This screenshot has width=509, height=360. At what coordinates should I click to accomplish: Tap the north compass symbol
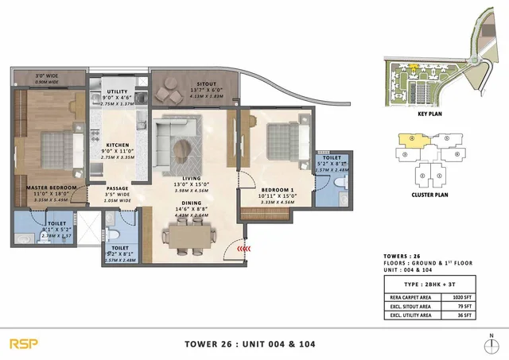492,344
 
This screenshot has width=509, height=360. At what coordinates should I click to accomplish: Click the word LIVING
192,179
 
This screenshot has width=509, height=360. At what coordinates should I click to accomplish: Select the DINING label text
192,202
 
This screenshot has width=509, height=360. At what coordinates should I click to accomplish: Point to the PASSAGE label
117,188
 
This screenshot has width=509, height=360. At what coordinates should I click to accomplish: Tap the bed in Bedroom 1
285,141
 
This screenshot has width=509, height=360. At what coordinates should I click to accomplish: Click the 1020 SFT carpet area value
464,296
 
